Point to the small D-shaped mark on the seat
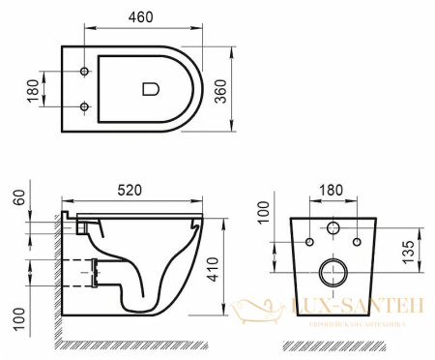click(x=149, y=89)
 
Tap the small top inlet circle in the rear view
click(x=332, y=229)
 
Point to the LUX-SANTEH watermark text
click(x=358, y=306)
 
